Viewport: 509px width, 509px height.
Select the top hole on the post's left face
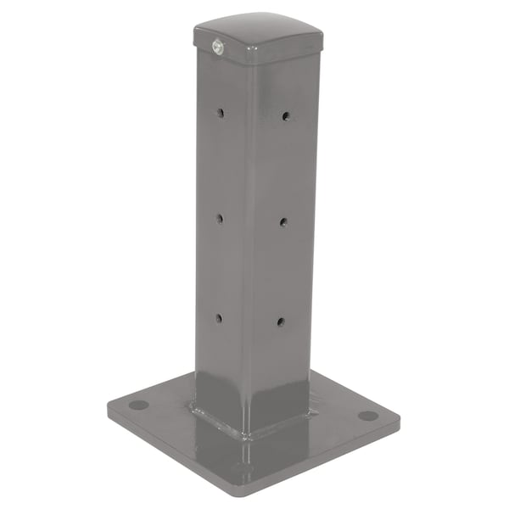(220, 112)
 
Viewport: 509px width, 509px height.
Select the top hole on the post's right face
(286, 115)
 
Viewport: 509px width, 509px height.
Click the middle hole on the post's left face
(219, 218)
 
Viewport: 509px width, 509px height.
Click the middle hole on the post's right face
(283, 221)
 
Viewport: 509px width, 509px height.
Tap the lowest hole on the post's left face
(218, 318)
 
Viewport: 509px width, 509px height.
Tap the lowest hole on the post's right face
(281, 322)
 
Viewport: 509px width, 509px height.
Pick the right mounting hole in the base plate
(367, 415)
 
